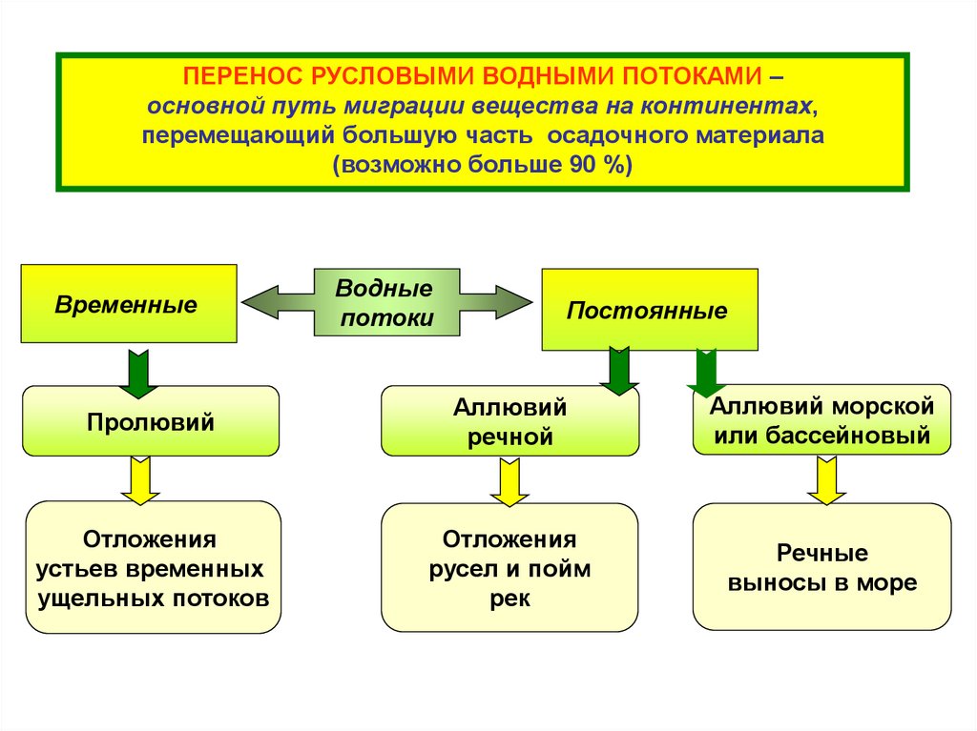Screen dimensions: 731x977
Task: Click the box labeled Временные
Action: tap(129, 303)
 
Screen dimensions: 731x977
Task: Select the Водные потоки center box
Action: tap(385, 303)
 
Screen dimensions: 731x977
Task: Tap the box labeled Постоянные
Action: tap(650, 310)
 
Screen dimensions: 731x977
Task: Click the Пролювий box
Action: tap(151, 421)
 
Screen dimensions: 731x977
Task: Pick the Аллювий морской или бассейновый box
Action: tap(821, 419)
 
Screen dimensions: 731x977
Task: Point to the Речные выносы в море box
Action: tap(821, 567)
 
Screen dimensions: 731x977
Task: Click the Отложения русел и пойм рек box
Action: tap(509, 568)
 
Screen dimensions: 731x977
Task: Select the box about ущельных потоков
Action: tap(153, 568)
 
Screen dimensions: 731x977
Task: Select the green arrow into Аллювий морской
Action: tap(707, 372)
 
